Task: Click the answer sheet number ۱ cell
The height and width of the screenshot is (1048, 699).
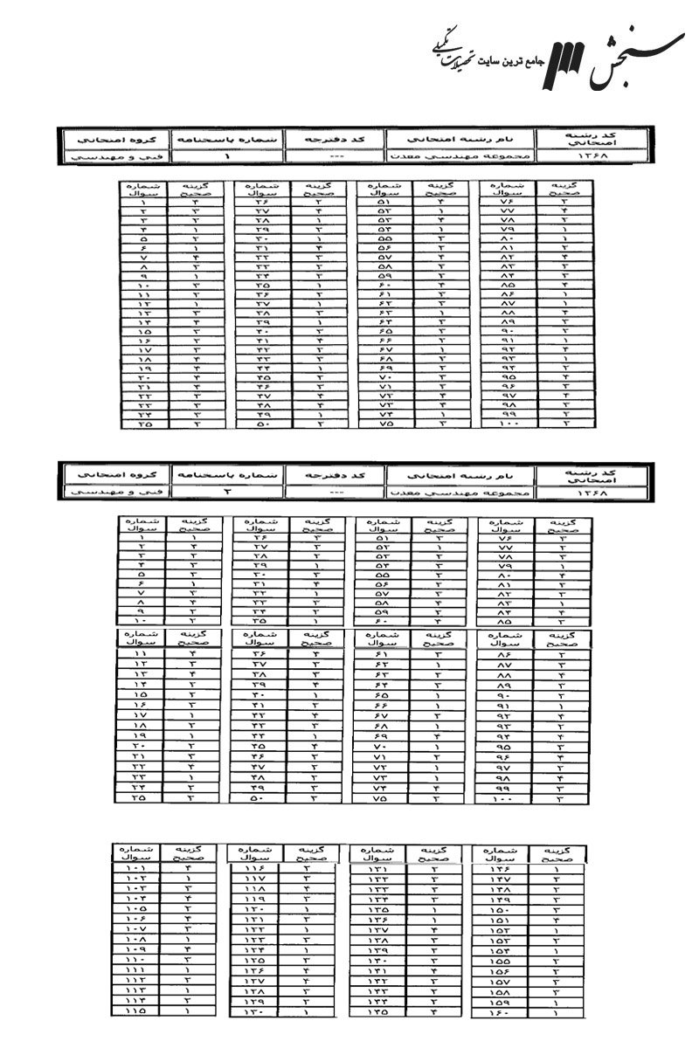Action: [226, 156]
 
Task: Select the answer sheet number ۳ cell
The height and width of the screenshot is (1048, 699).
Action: [226, 493]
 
